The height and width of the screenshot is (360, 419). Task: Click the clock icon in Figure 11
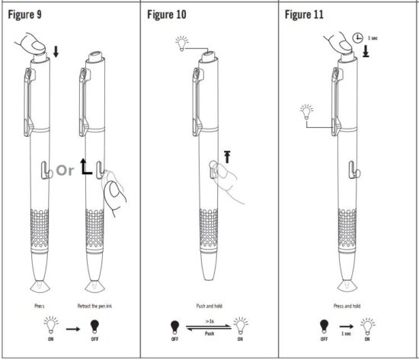(x=358, y=37)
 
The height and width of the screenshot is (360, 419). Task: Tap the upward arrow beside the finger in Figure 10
(x=225, y=157)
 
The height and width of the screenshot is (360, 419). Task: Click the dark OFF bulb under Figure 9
(x=95, y=327)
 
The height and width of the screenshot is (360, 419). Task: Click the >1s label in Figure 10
(x=208, y=323)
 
